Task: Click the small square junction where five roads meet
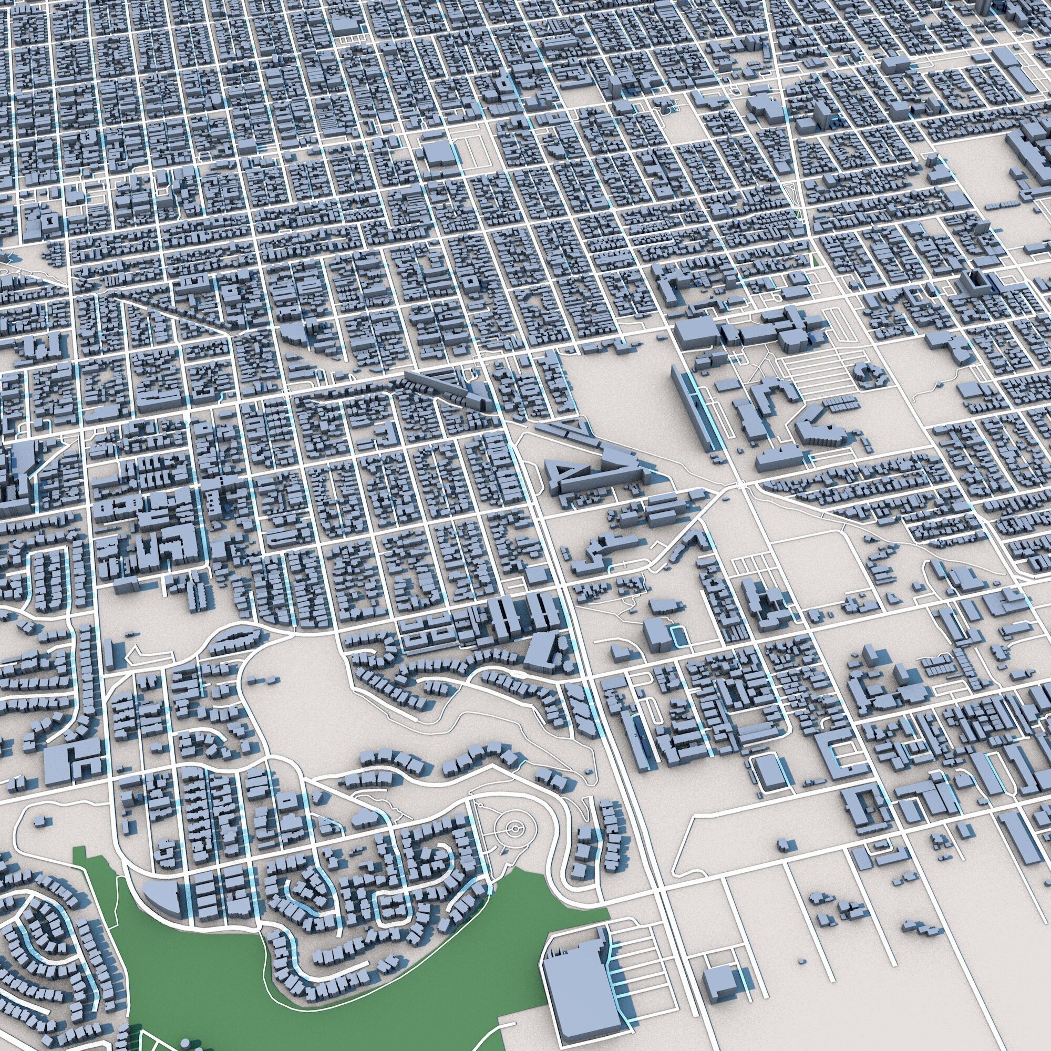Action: point(740,483)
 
